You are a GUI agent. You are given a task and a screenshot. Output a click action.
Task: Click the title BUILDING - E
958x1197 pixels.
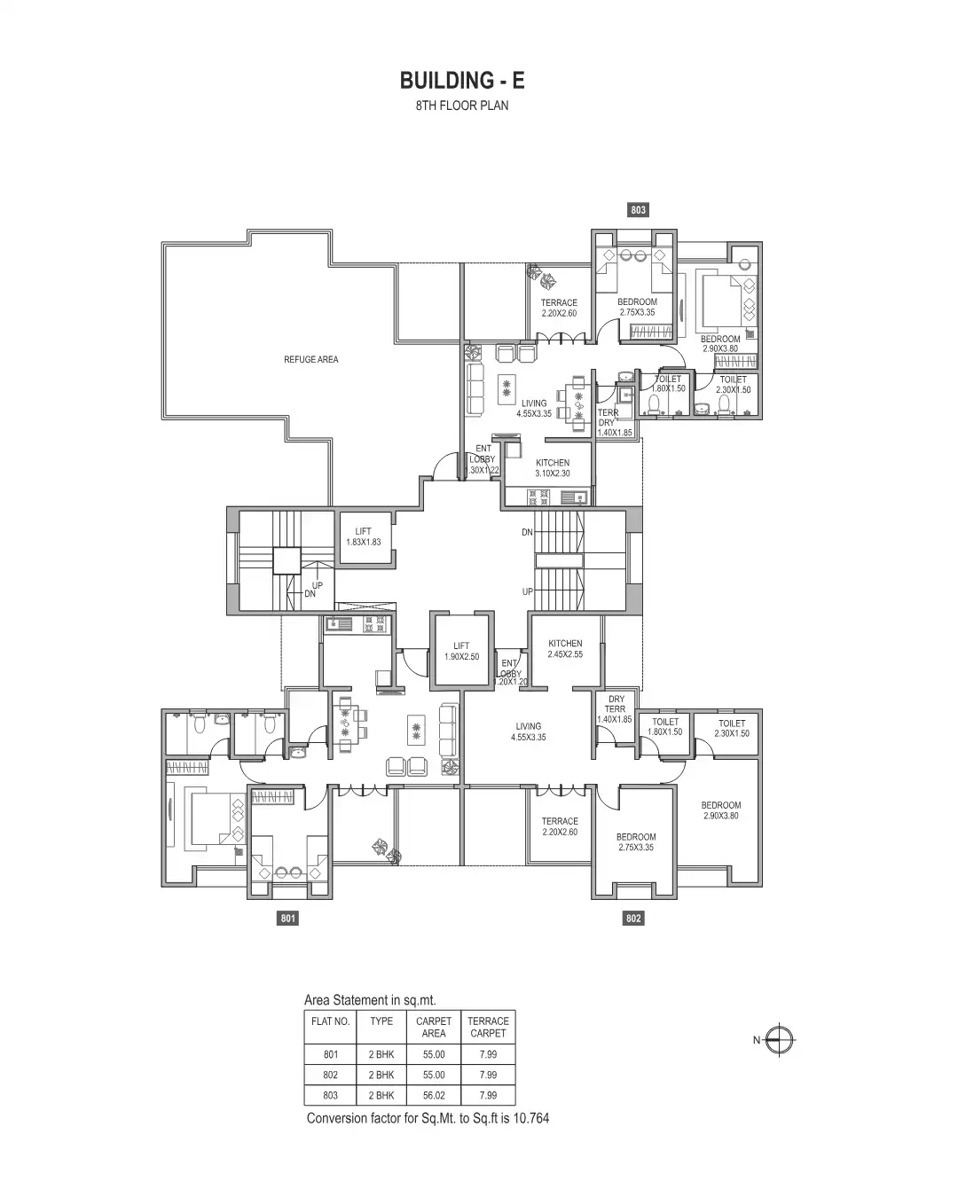point(462,81)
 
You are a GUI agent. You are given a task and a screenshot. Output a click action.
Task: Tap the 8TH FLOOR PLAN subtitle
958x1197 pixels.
point(462,106)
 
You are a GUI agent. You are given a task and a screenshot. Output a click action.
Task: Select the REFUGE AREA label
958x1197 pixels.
point(310,360)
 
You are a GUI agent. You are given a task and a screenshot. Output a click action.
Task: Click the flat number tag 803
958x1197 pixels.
point(638,210)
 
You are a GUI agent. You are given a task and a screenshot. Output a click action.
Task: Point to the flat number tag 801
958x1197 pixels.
point(287,919)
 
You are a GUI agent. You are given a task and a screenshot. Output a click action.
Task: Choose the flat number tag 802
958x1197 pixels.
point(633,919)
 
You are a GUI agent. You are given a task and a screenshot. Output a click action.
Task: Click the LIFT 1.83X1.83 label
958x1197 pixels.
point(363,536)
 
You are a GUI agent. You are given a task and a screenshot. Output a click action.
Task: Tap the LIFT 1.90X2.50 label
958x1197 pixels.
point(461,652)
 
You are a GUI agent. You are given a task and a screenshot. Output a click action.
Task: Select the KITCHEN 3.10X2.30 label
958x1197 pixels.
point(553,468)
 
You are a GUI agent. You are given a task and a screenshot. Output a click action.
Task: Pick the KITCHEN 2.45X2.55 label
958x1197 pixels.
point(565,649)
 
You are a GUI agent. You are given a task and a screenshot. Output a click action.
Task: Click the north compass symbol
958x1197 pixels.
point(781,1040)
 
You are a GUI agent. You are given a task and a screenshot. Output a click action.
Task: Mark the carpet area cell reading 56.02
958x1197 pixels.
point(434,1095)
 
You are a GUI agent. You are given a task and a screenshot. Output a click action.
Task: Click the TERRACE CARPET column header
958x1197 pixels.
point(488,1027)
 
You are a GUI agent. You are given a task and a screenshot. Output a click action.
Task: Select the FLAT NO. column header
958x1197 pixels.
point(331,1021)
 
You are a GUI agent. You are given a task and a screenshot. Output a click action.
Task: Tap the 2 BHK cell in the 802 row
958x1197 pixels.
point(381,1075)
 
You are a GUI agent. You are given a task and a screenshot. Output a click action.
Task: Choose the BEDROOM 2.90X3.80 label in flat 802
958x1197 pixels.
point(720,810)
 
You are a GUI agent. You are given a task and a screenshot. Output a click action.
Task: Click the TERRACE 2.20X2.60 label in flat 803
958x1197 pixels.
point(559,308)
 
